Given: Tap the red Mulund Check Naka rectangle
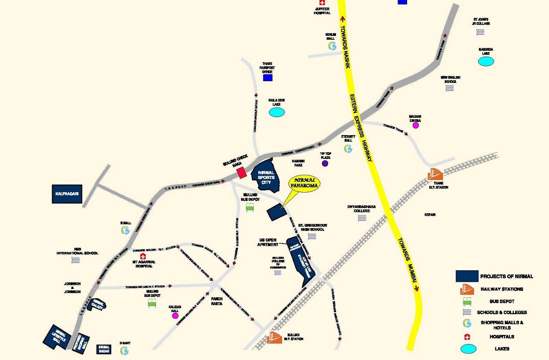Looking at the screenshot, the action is pos(242,172).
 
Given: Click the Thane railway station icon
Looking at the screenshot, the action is pos(435,174).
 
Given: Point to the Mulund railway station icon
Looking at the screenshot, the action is pos(274,337).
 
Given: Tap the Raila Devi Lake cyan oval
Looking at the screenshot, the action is pos(277,113).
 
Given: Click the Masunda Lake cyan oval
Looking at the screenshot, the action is pos(486,61).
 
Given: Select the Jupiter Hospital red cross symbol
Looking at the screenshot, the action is pos(322,3).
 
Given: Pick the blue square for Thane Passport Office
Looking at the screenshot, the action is pos(268,78).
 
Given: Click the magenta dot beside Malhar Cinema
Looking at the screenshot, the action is pos(416,125).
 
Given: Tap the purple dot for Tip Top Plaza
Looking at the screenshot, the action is pos(325,163).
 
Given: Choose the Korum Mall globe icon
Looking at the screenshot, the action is pos(332,46).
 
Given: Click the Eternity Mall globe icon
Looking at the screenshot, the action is pos(348,148).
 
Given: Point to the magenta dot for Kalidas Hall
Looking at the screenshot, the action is pos(175,316).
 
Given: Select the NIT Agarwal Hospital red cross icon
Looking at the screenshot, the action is pos(143,256).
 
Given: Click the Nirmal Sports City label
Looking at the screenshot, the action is pos(266,177).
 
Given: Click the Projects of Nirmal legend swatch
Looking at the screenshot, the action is pos(467,276).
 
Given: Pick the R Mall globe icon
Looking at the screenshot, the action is pos(125,231).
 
